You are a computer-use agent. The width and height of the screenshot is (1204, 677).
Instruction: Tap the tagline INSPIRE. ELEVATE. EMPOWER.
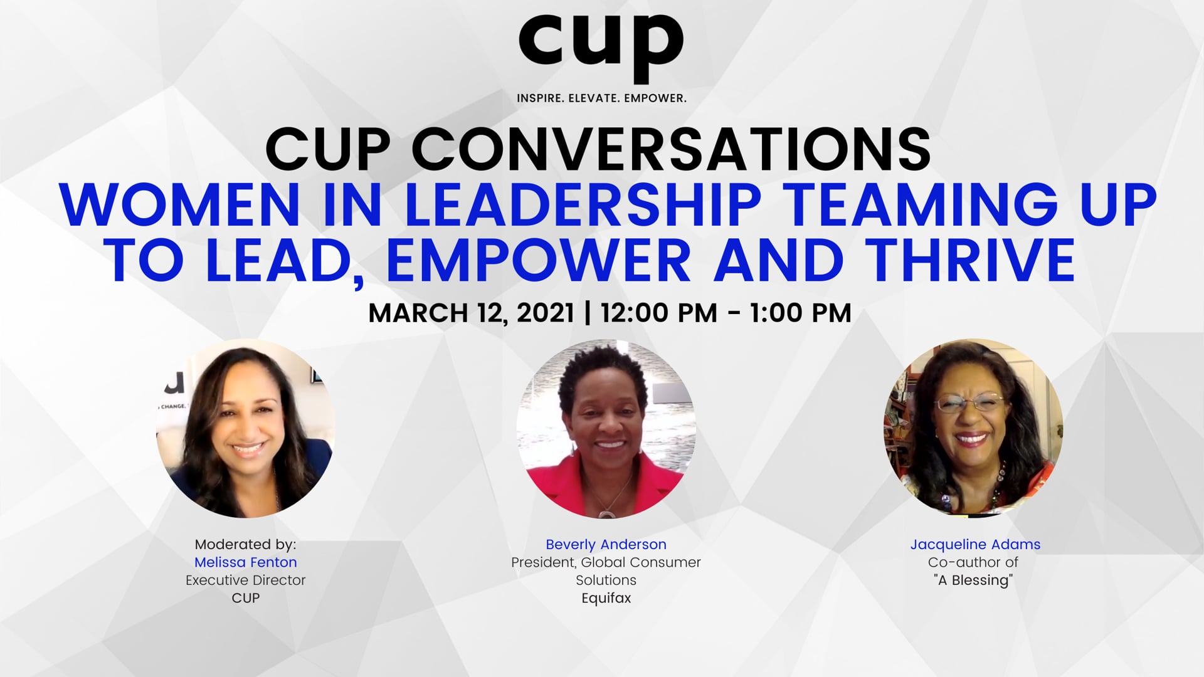click(601, 98)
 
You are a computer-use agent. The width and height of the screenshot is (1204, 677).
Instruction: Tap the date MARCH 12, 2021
click(471, 313)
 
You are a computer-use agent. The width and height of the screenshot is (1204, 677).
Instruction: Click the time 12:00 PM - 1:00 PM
click(726, 312)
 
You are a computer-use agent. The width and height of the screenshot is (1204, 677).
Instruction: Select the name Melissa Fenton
click(246, 562)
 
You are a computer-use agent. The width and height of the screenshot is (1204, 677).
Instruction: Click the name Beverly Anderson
click(606, 545)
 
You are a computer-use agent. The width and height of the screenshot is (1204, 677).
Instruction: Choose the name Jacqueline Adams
click(975, 545)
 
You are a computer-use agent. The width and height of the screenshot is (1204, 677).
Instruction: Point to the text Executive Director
click(246, 580)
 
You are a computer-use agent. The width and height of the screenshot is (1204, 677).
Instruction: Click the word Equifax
click(606, 598)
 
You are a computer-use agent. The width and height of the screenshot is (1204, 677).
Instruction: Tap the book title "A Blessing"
click(973, 580)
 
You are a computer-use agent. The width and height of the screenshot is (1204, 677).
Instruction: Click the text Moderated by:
click(246, 544)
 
